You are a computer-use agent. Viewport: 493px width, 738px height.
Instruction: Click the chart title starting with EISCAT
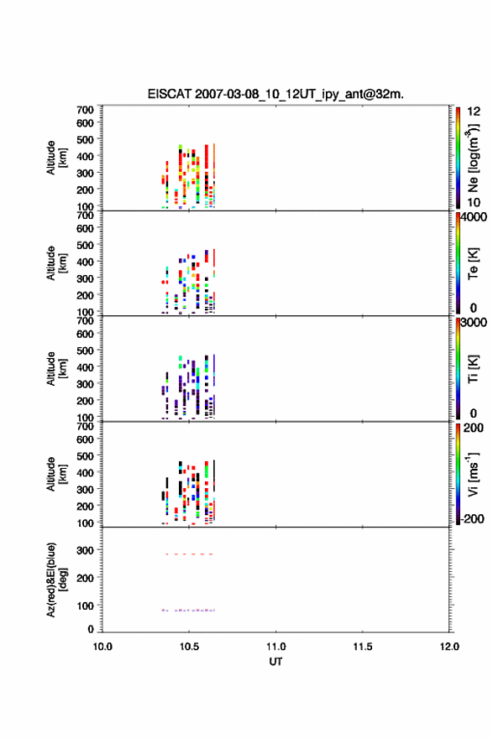click(x=275, y=94)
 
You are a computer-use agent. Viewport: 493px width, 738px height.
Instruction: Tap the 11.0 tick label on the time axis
click(x=275, y=647)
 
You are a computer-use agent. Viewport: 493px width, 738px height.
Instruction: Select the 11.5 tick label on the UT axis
click(x=363, y=647)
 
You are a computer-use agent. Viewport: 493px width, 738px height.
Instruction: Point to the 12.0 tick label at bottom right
click(x=449, y=647)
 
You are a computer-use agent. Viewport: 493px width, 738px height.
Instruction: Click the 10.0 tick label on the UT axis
click(x=102, y=647)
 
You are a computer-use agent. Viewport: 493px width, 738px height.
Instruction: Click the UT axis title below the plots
click(x=275, y=662)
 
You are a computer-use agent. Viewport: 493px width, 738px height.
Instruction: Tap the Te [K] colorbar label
click(x=473, y=263)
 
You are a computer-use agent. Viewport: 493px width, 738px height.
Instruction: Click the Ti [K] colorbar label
click(x=473, y=368)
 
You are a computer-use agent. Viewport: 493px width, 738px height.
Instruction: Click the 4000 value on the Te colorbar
click(x=474, y=217)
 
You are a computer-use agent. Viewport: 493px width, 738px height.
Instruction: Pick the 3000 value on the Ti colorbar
click(x=474, y=322)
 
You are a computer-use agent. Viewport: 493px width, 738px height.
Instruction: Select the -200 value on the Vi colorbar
click(x=471, y=518)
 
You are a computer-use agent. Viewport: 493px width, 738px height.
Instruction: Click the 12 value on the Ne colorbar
click(x=474, y=112)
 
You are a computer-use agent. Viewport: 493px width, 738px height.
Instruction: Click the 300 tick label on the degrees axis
click(x=86, y=550)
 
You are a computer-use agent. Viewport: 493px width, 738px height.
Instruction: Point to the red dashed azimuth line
click(x=190, y=554)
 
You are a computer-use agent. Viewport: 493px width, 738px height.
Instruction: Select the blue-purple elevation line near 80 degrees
click(x=188, y=610)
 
